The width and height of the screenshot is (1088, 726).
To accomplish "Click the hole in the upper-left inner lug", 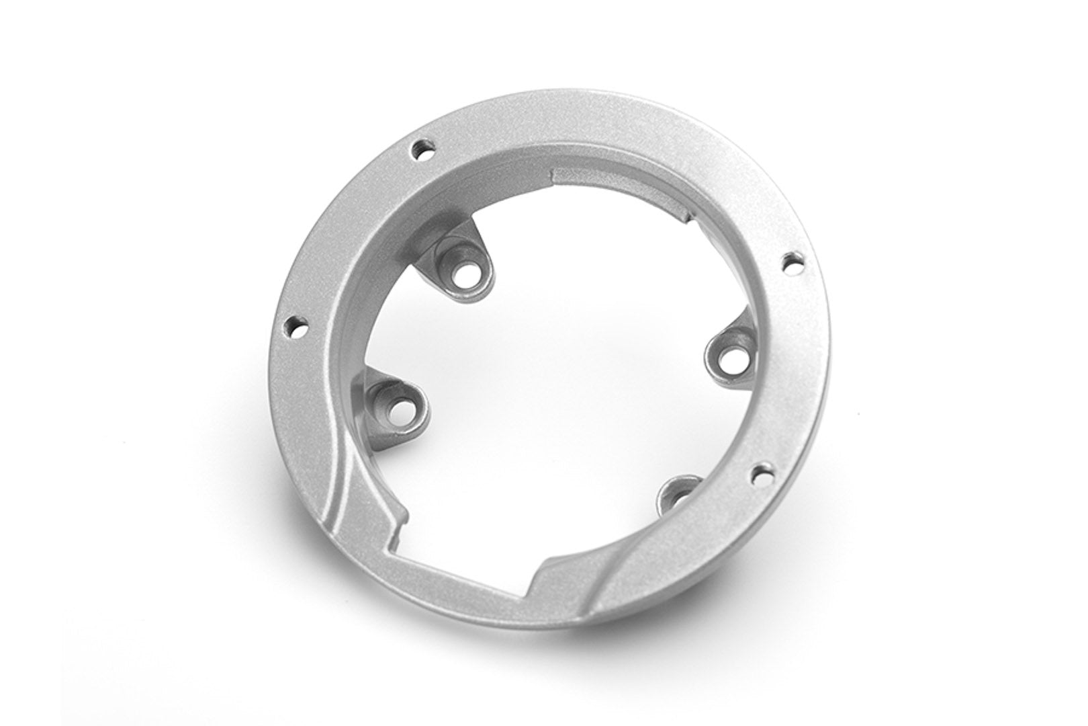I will point(464,275).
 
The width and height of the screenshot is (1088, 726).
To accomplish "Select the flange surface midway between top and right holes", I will point(645,155).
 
